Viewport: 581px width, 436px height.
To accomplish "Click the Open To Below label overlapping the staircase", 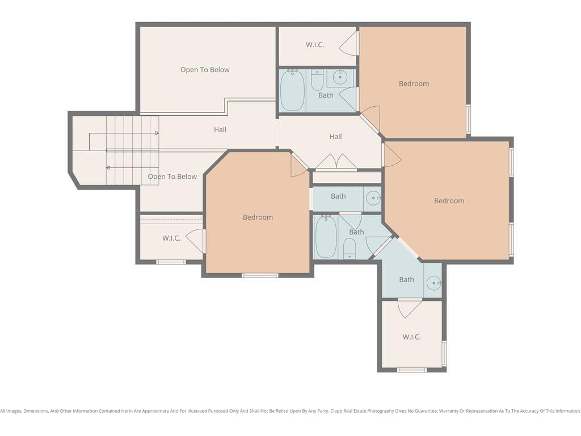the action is [x=172, y=177].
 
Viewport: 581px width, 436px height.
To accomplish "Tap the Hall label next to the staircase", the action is [x=220, y=130].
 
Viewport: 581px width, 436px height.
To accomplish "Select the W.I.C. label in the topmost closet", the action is [x=315, y=45].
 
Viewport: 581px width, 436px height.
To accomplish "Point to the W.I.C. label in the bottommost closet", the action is [x=411, y=337].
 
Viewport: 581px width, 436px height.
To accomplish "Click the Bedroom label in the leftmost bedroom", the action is [x=258, y=217].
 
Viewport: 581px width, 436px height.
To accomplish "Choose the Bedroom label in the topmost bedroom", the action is [x=414, y=84].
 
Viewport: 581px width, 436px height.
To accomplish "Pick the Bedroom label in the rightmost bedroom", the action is [x=449, y=201].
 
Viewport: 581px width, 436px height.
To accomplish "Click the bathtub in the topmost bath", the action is [x=292, y=90].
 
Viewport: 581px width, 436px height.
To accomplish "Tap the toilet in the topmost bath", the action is [x=317, y=79].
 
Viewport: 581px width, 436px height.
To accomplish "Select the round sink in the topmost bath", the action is [x=340, y=77].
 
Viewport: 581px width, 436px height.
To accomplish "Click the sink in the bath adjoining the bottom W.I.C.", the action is [x=433, y=283].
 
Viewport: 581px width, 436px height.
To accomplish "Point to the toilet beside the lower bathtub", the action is [x=350, y=249].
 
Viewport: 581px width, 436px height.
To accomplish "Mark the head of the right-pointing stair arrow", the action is [x=157, y=133].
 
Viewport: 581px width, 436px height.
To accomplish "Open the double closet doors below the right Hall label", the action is [x=336, y=162].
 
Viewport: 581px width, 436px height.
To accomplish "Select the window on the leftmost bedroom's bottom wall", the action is [x=260, y=275].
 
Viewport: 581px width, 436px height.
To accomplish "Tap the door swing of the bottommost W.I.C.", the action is [x=410, y=308].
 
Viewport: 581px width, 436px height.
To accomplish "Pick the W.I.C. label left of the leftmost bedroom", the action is [x=171, y=238].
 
